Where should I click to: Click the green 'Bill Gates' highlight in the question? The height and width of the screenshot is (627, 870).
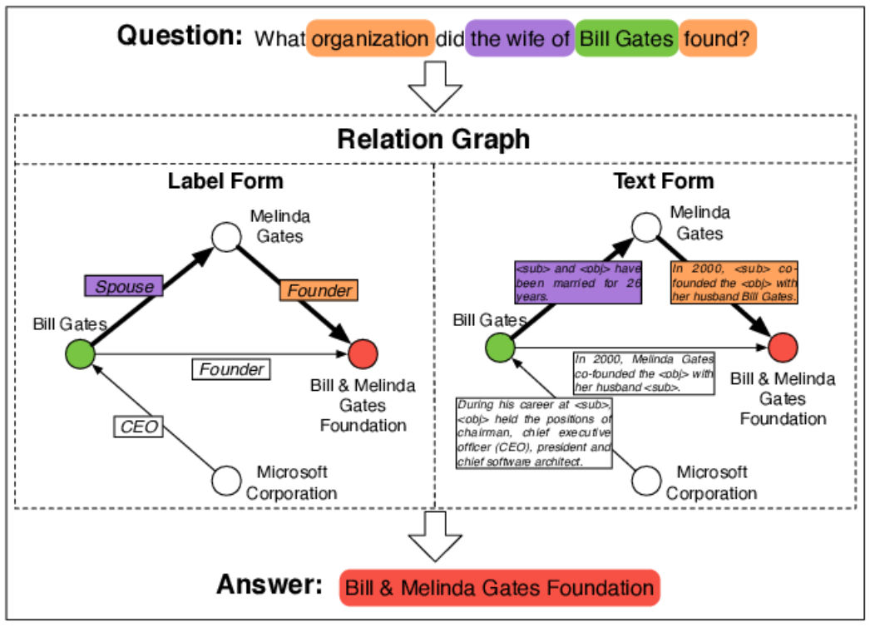[x=626, y=38]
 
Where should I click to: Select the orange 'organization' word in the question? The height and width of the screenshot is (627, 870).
[x=370, y=38]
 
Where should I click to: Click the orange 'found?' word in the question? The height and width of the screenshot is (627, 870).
[x=717, y=38]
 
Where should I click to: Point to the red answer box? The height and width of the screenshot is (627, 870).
[x=499, y=589]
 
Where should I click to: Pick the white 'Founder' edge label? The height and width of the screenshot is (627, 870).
[x=232, y=369]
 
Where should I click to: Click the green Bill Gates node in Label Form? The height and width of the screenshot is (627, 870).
[x=81, y=355]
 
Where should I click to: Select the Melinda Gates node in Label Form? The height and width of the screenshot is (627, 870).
[x=225, y=236]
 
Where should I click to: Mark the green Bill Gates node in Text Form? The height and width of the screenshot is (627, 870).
[x=501, y=347]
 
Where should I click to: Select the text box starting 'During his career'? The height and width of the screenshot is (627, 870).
[x=534, y=432]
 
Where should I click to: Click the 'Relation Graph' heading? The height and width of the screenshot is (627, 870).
[x=433, y=139]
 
